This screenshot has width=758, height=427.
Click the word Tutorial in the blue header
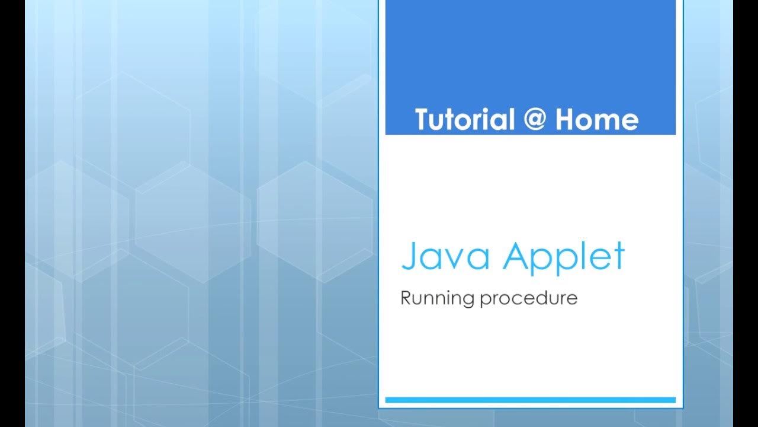pyautogui.click(x=464, y=120)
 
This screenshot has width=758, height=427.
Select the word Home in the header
pyautogui.click(x=597, y=120)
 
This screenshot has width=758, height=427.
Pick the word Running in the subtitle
pyautogui.click(x=438, y=298)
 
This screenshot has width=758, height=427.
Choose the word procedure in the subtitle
pyautogui.click(x=529, y=298)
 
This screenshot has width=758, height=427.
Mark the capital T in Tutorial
pyautogui.click(x=422, y=120)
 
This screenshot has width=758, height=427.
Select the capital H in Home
pyautogui.click(x=566, y=120)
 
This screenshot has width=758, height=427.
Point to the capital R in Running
pyautogui.click(x=406, y=297)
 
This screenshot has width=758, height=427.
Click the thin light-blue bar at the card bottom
pyautogui.click(x=531, y=400)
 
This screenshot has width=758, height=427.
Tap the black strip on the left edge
pyautogui.click(x=12, y=213)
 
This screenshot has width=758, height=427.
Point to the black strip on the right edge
pyautogui.click(x=746, y=213)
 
